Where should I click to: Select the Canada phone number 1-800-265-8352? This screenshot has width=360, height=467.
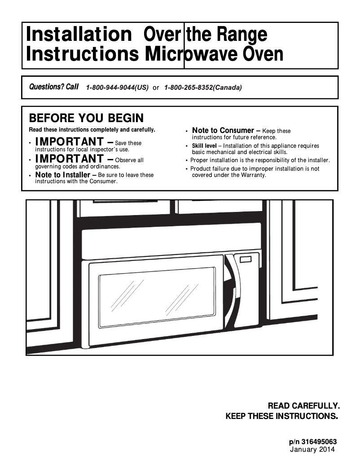pos(203,88)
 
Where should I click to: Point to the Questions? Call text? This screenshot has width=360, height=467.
pos(53,87)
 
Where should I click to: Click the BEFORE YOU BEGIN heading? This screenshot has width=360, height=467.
pos(86,118)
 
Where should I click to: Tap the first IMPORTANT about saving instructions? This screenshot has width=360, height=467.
pos(69,142)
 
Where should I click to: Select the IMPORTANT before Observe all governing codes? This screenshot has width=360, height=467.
pos(69,159)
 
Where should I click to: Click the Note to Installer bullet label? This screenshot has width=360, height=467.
pos(62,175)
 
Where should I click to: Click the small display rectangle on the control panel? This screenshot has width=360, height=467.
pos(246,259)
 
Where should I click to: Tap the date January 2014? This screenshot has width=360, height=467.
pos(312,449)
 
